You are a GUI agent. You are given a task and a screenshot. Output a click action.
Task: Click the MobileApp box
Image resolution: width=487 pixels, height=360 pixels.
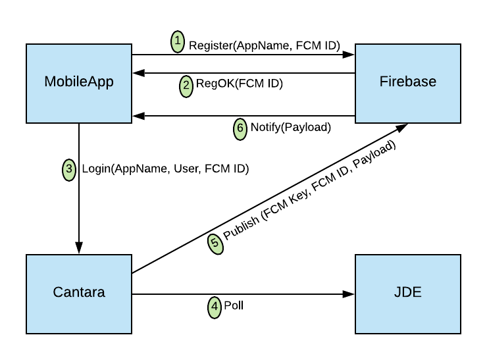79,83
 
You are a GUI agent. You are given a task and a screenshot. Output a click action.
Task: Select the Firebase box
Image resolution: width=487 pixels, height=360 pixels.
408,83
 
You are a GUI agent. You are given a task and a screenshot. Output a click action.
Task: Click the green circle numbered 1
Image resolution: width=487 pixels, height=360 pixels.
178,41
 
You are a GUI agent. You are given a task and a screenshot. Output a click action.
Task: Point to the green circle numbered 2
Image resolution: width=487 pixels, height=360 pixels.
186,85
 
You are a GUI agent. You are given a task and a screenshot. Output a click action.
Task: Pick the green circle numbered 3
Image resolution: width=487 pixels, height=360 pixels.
70,170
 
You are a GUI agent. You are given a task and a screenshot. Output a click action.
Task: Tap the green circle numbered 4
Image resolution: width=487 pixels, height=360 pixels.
215,307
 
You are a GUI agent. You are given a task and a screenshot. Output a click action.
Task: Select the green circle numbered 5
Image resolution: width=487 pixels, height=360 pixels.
215,242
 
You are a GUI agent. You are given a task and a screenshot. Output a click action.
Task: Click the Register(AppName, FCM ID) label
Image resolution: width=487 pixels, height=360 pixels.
264,46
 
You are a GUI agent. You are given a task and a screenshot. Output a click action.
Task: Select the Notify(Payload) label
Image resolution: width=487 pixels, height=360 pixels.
290,128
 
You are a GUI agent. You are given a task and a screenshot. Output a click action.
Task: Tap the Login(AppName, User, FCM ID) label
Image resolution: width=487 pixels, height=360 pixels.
165,169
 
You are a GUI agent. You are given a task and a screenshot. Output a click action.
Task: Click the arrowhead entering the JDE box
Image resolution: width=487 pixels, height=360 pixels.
350,294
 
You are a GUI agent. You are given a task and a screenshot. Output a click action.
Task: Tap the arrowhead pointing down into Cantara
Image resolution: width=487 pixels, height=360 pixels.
79,248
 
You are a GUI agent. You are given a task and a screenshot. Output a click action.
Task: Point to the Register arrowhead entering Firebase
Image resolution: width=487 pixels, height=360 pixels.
350,55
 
